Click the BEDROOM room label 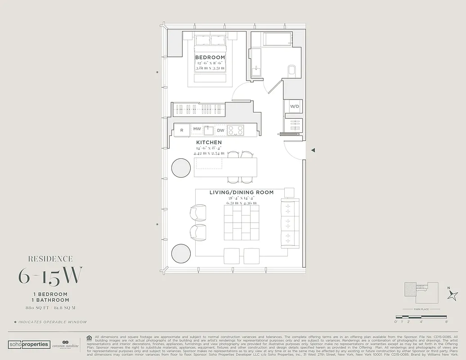click(x=210, y=58)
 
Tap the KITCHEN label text click(x=208, y=143)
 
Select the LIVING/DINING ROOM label click(x=242, y=193)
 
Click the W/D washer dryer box click(x=295, y=107)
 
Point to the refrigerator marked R click(x=182, y=130)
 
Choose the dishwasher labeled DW click(x=220, y=130)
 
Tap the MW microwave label click(x=197, y=129)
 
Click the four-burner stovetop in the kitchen click(x=235, y=130)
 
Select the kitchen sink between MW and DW click(x=209, y=130)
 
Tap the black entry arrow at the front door click(x=313, y=150)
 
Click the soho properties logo click(x=28, y=344)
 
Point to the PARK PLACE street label click(x=421, y=310)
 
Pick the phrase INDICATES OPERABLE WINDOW click(x=52, y=322)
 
